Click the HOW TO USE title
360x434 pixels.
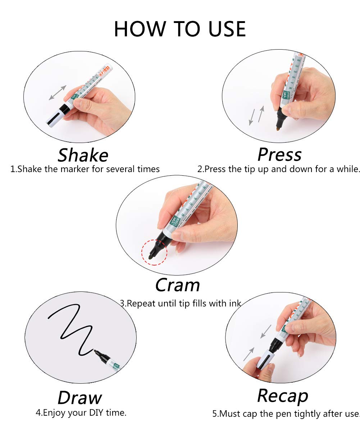pos(180,29)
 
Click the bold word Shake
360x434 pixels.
pos(83,155)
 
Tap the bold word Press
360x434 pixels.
pos(279,154)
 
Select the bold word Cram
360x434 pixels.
pos(177,285)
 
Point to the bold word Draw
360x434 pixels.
pos(79,398)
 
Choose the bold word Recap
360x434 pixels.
pos(283,396)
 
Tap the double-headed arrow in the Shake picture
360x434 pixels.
pos(58,92)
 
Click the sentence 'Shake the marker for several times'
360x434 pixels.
pos(85,169)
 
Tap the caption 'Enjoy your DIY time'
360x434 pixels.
pos(81,413)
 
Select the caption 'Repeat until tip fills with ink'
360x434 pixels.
pos(181,303)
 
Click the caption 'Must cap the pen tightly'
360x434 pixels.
pos(286,414)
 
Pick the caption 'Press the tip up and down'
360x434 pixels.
pos(278,169)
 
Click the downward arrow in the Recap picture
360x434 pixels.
pos(265,331)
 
